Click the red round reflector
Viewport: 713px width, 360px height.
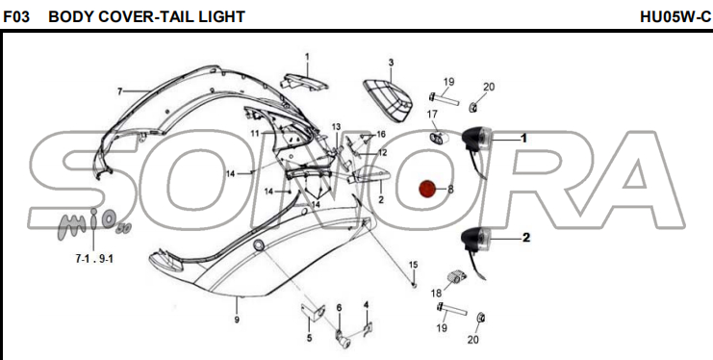coord(427,189)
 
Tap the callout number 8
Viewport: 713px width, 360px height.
coord(450,189)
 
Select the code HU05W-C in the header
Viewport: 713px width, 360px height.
coord(675,16)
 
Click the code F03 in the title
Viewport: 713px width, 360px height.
coord(16,16)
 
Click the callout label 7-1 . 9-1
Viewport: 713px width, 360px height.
coord(94,259)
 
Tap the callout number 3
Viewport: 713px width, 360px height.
coord(391,63)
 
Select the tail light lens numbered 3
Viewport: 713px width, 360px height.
coord(388,101)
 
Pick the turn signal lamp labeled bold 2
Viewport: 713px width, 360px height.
coord(475,245)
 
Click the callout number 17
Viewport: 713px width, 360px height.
coord(432,115)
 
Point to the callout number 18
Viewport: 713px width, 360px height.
coord(436,293)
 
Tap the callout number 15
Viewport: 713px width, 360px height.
coord(413,265)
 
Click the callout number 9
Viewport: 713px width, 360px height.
coord(237,320)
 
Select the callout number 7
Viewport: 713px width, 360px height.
coord(119,92)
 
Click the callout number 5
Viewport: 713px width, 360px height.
coord(309,338)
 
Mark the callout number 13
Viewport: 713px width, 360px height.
coord(336,126)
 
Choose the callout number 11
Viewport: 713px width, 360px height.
coord(255,134)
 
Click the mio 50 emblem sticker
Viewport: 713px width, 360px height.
coord(92,223)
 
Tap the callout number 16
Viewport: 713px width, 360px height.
coord(381,134)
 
